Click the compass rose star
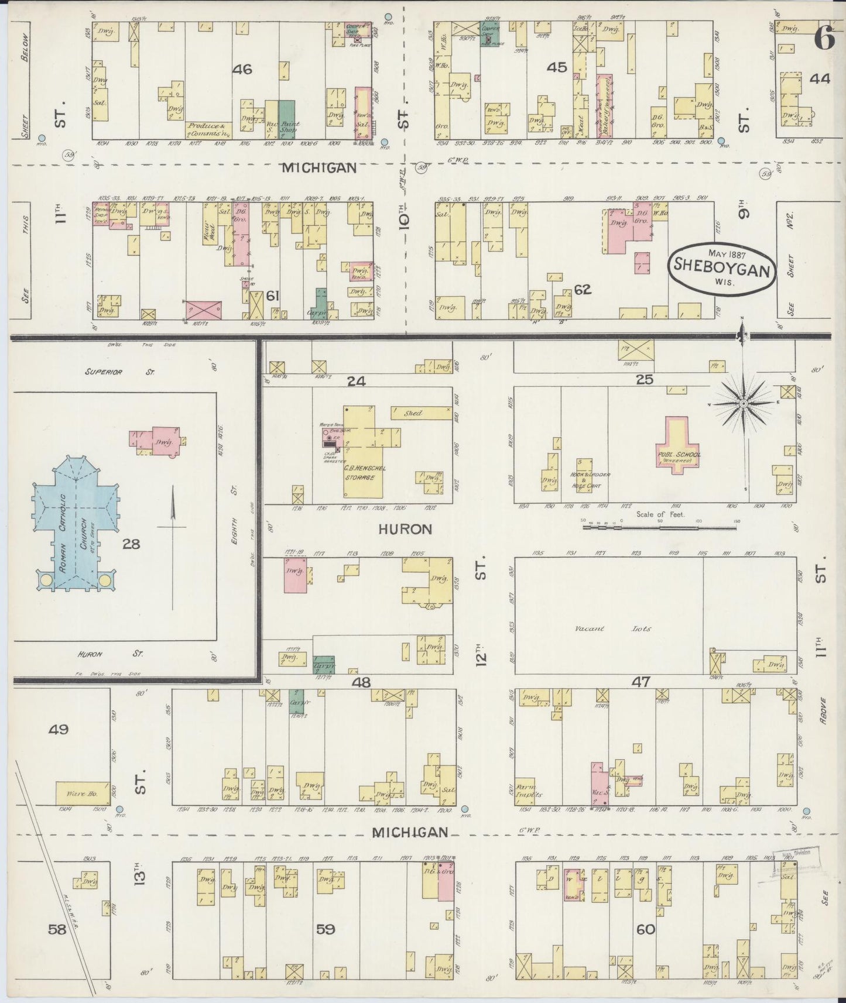[743, 404]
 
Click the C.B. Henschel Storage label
[357, 472]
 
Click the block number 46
[242, 70]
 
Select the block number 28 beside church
[131, 544]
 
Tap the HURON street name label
[405, 529]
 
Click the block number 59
[326, 929]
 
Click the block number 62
[583, 289]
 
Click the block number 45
[557, 68]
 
